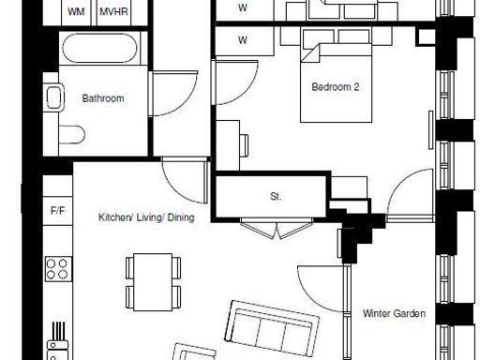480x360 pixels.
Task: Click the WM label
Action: (x=76, y=12)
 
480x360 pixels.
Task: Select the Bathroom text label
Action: (x=102, y=97)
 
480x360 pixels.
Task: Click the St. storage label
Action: (x=276, y=197)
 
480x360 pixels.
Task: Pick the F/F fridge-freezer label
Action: (x=57, y=212)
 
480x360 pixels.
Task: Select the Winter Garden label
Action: (x=394, y=314)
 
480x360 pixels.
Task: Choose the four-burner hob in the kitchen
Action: (x=58, y=269)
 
